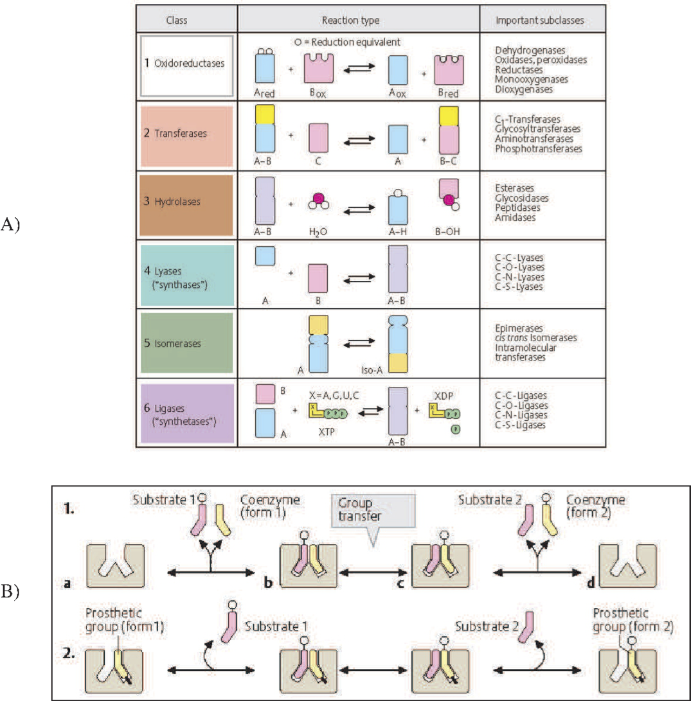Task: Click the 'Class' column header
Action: pos(177,20)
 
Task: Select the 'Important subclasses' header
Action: pos(539,20)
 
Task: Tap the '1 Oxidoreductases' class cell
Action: pos(186,66)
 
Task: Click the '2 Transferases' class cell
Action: pos(186,136)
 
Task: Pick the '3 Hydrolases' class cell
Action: pos(186,205)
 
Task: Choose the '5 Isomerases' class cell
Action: pos(186,343)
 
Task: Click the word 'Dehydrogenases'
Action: pos(530,50)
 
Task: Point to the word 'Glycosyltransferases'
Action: pos(537,129)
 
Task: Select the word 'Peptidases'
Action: pos(517,208)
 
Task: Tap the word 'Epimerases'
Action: pos(519,328)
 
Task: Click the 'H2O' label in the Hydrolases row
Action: pos(318,231)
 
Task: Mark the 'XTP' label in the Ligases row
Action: pos(327,432)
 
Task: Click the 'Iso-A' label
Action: pos(372,370)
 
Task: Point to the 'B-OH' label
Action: pos(447,231)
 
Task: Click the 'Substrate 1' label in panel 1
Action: pos(164,499)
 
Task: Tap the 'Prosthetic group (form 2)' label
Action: pos(633,619)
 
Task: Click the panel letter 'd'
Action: pos(591,583)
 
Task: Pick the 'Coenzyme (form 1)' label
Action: pos(270,506)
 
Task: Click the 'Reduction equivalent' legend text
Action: pos(355,42)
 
